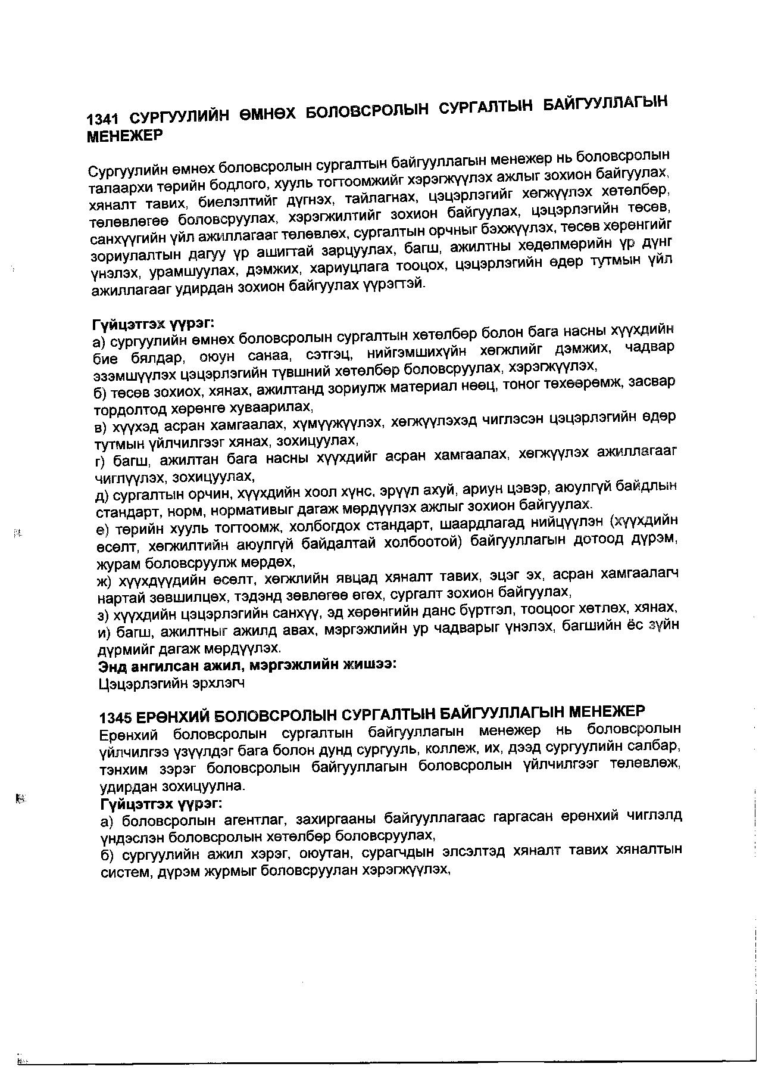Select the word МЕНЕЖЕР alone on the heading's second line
[x=125, y=136]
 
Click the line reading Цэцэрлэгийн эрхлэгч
[x=171, y=683]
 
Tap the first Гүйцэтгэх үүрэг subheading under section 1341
[x=152, y=324]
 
